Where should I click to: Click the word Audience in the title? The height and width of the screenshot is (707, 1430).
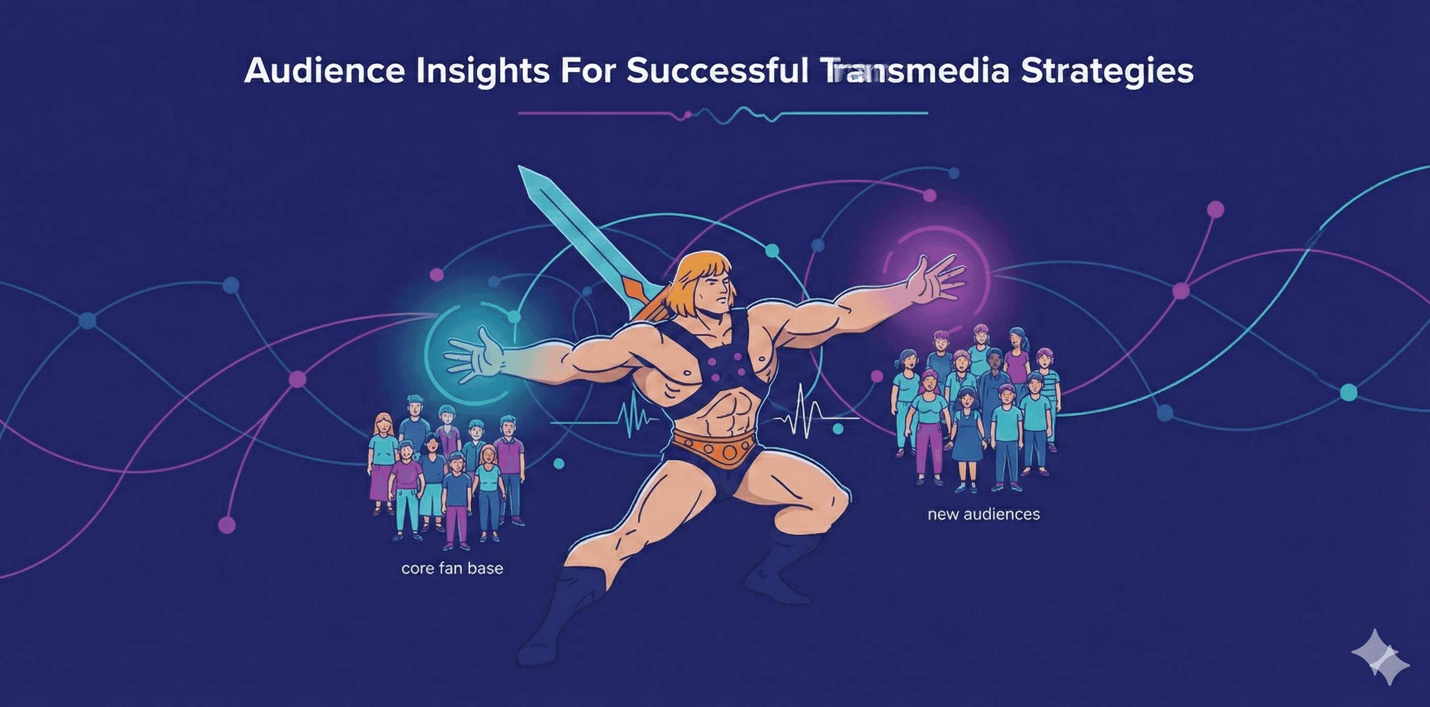(x=324, y=71)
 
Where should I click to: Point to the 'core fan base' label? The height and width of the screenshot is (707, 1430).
(x=452, y=568)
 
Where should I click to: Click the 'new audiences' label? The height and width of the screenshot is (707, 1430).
(x=983, y=514)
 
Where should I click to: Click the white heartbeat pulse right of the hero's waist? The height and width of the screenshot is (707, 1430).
(x=802, y=413)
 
